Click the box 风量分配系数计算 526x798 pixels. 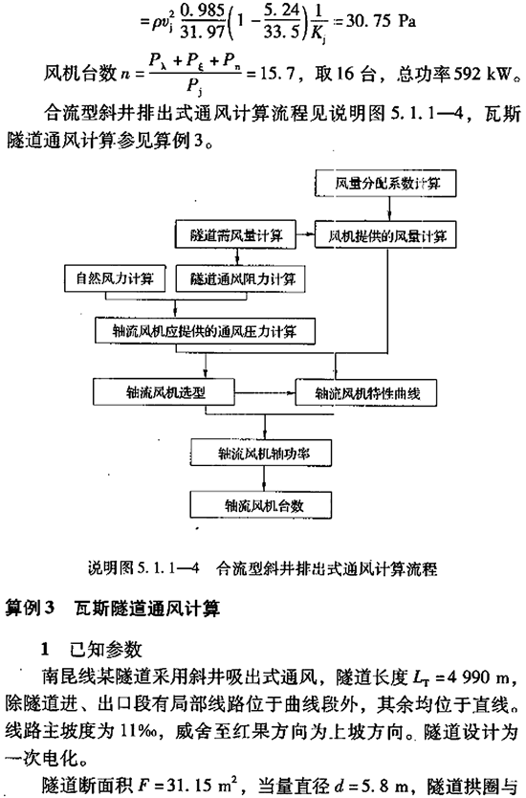pyautogui.click(x=385, y=184)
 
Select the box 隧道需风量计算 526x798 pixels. pyautogui.click(x=235, y=235)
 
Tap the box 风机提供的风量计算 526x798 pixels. pyautogui.click(x=385, y=235)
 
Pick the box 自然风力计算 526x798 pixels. pyautogui.click(x=115, y=278)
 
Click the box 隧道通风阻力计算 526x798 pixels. pyautogui.click(x=240, y=278)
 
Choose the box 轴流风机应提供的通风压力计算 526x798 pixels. pyautogui.click(x=205, y=332)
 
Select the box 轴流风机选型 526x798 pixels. pyautogui.click(x=164, y=391)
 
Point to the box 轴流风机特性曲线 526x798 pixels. pyautogui.click(x=365, y=393)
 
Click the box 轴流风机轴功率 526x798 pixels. pyautogui.click(x=262, y=453)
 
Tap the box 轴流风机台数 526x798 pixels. pyautogui.click(x=261, y=505)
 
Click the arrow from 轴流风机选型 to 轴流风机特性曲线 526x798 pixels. pyautogui.click(x=265, y=392)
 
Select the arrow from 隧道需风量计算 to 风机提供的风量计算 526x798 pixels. pyautogui.click(x=305, y=234)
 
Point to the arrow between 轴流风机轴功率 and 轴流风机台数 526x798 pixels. pyautogui.click(x=264, y=478)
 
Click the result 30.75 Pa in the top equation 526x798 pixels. pyautogui.click(x=381, y=21)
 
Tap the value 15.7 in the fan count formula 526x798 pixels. pyautogui.click(x=277, y=75)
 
